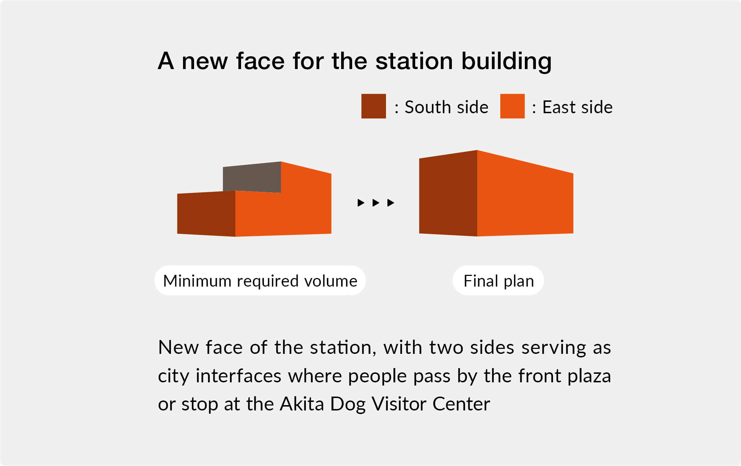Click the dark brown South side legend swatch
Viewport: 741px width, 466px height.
pos(374,106)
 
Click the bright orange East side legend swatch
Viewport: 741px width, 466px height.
pos(512,106)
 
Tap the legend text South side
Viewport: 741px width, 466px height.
pos(447,107)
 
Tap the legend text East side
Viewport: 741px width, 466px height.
pos(577,107)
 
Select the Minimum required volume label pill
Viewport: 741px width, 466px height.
pos(260,281)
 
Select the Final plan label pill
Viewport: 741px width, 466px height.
pos(498,281)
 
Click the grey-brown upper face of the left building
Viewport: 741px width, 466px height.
pos(252,177)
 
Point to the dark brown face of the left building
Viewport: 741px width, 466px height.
pos(206,214)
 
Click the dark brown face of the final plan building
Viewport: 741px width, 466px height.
pos(448,193)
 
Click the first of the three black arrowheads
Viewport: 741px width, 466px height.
pos(361,203)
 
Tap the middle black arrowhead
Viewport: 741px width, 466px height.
pos(376,203)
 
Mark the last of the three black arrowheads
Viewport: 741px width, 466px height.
pos(391,203)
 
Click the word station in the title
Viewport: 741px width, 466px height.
pos(414,61)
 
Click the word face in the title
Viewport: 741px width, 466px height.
pos(260,61)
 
